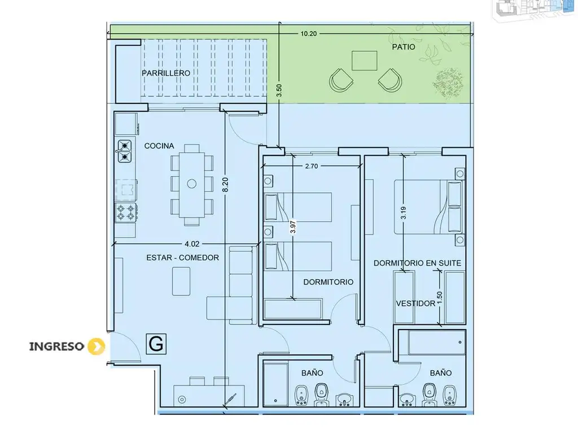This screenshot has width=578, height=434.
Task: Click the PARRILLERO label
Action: [166, 73]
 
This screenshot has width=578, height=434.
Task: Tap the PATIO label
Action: [403, 47]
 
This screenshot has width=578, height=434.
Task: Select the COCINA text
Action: [159, 146]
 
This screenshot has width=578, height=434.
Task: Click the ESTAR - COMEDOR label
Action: [182, 258]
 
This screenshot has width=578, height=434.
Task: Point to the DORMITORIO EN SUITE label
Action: [417, 263]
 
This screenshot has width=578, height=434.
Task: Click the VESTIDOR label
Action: [415, 303]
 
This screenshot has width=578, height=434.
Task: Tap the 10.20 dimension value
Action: [309, 33]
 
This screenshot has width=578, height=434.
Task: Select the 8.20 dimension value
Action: [225, 185]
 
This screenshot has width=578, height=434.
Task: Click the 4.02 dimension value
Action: [192, 244]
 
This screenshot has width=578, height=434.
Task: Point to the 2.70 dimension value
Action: [312, 166]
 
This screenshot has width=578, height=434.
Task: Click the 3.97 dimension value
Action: [293, 227]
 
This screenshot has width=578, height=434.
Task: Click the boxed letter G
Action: [156, 344]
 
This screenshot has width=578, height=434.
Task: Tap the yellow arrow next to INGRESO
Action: [96, 346]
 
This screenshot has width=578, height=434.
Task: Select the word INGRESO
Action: [57, 346]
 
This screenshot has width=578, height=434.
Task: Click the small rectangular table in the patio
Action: [364, 60]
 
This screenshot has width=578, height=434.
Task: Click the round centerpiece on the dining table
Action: [192, 184]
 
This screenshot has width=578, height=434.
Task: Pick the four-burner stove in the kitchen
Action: [126, 212]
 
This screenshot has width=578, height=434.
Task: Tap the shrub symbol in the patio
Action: [448, 83]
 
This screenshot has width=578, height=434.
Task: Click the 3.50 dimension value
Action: [279, 90]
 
